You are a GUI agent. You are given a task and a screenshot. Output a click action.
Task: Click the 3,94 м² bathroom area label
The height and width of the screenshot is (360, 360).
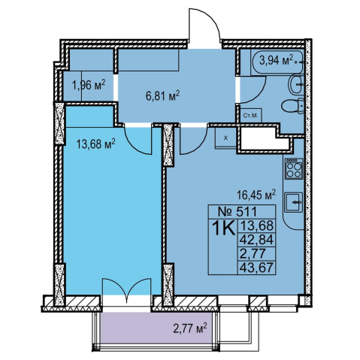276,60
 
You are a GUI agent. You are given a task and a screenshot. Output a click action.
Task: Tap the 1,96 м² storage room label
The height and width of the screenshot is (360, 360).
89,86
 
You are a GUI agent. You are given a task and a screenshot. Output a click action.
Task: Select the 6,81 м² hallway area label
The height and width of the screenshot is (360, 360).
163,95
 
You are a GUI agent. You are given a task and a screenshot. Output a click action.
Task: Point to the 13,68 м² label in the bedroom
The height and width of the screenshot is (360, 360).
96,144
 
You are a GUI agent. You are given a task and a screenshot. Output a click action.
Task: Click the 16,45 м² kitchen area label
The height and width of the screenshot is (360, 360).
256,195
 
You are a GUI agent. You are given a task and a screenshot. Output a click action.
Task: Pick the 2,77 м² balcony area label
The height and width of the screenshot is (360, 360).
190,328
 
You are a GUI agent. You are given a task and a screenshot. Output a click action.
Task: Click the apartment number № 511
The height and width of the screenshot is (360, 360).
237,212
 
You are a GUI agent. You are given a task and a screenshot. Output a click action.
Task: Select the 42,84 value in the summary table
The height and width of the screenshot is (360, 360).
256,241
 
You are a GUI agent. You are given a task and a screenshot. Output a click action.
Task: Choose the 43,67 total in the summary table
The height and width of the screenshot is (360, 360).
256,268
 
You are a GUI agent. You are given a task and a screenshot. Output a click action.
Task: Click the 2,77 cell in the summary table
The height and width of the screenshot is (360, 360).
253,254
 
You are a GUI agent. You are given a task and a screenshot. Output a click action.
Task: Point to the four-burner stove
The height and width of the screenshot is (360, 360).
294,168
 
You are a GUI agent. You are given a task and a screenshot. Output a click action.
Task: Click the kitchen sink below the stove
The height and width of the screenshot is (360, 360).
294,202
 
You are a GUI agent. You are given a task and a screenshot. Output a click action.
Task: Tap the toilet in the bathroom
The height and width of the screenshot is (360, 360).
293,107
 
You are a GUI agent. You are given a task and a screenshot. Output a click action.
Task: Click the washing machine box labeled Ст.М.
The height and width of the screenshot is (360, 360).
251,116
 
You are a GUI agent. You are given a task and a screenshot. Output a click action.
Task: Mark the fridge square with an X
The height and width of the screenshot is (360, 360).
225,138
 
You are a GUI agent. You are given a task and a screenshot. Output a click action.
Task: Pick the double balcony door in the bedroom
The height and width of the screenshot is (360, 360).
127,287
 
